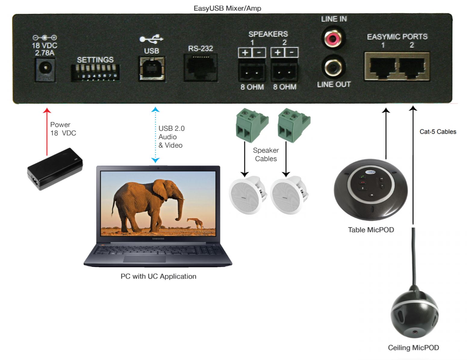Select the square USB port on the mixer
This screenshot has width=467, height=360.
point(152,69)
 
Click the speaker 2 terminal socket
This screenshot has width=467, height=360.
point(284,71)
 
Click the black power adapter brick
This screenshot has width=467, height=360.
point(54,169)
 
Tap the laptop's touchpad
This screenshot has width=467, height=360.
point(144,259)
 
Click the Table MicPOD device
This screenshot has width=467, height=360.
point(371,189)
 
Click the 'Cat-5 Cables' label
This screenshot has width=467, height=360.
point(437,132)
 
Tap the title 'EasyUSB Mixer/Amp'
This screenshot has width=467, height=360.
point(227,8)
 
